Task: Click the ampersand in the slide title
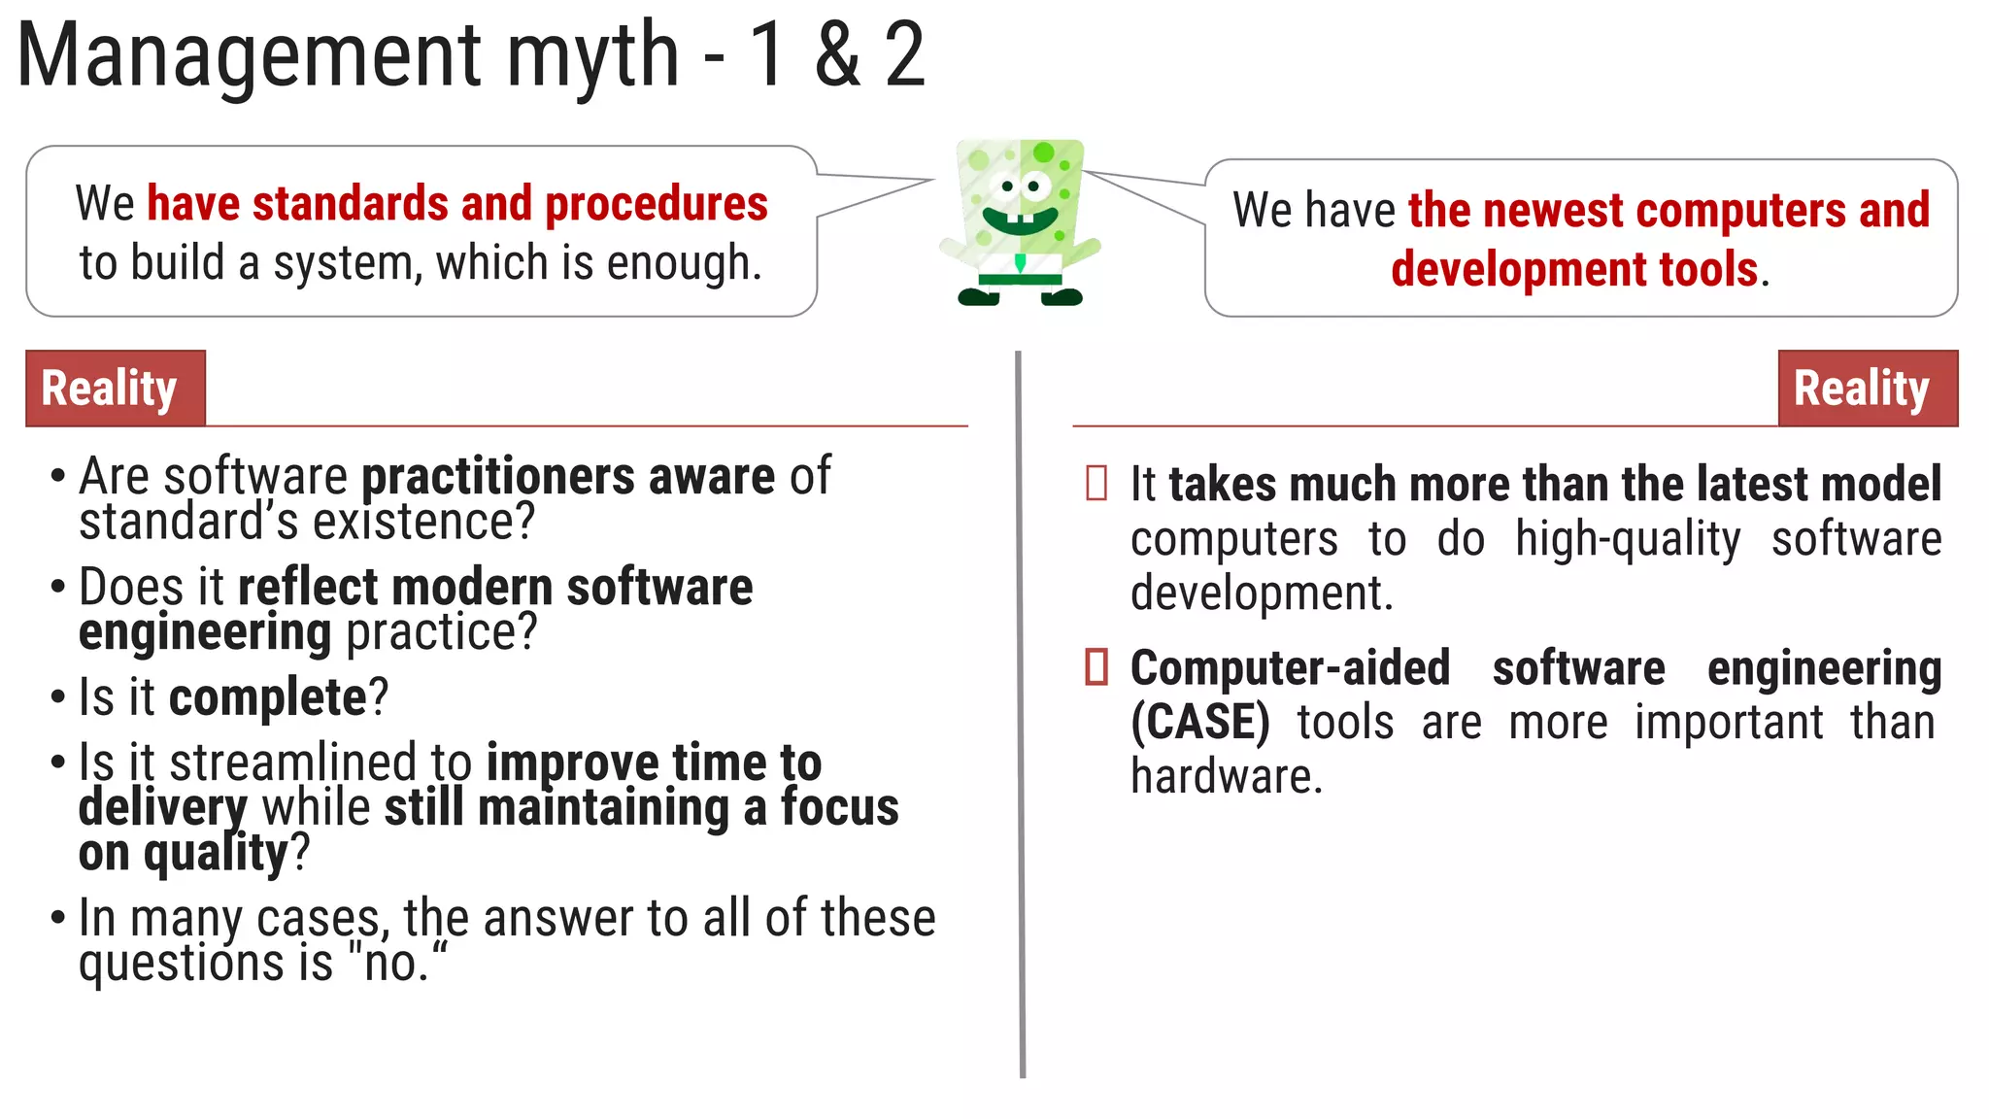[x=837, y=55]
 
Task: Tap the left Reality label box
[x=116, y=389]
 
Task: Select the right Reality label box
[x=1867, y=389]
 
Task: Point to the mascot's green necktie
[x=1020, y=262]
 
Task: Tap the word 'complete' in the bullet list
[x=267, y=697]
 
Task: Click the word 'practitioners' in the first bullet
[x=498, y=477]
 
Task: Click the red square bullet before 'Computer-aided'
[x=1096, y=667]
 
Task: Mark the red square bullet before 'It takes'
[x=1096, y=484]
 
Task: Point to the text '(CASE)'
[x=1200, y=723]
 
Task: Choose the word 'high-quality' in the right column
[x=1628, y=539]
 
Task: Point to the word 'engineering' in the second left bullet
[x=205, y=632]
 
